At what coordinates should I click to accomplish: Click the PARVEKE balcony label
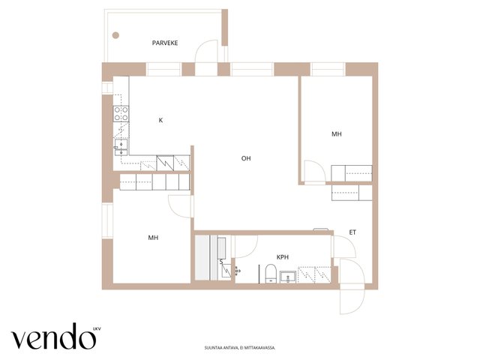pyautogui.click(x=165, y=43)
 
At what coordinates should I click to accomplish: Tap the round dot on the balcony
pyautogui.click(x=115, y=35)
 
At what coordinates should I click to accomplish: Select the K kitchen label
pyautogui.click(x=160, y=120)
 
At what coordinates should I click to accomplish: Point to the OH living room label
pyautogui.click(x=246, y=158)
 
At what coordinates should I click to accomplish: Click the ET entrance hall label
pyautogui.click(x=352, y=232)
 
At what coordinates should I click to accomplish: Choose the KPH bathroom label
pyautogui.click(x=283, y=257)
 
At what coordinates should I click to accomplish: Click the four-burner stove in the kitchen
pyautogui.click(x=121, y=113)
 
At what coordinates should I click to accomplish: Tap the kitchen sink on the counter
pyautogui.click(x=121, y=148)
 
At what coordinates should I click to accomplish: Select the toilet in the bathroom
pyautogui.click(x=271, y=273)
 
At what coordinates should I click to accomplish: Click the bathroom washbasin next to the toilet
pyautogui.click(x=288, y=277)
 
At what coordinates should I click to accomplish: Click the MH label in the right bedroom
pyautogui.click(x=337, y=133)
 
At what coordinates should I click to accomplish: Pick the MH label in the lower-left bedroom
pyautogui.click(x=153, y=238)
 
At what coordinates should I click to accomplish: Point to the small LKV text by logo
pyautogui.click(x=97, y=329)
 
